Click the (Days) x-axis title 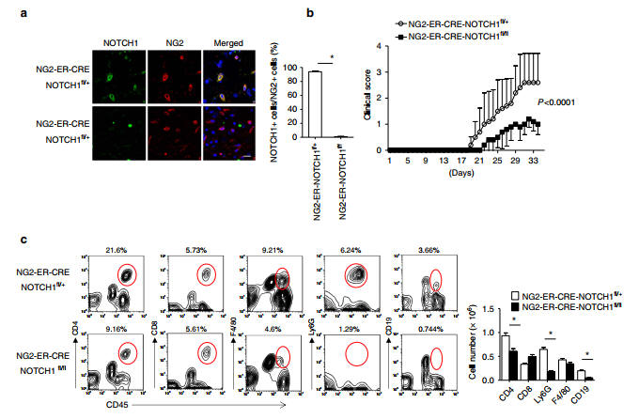(x=460, y=174)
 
